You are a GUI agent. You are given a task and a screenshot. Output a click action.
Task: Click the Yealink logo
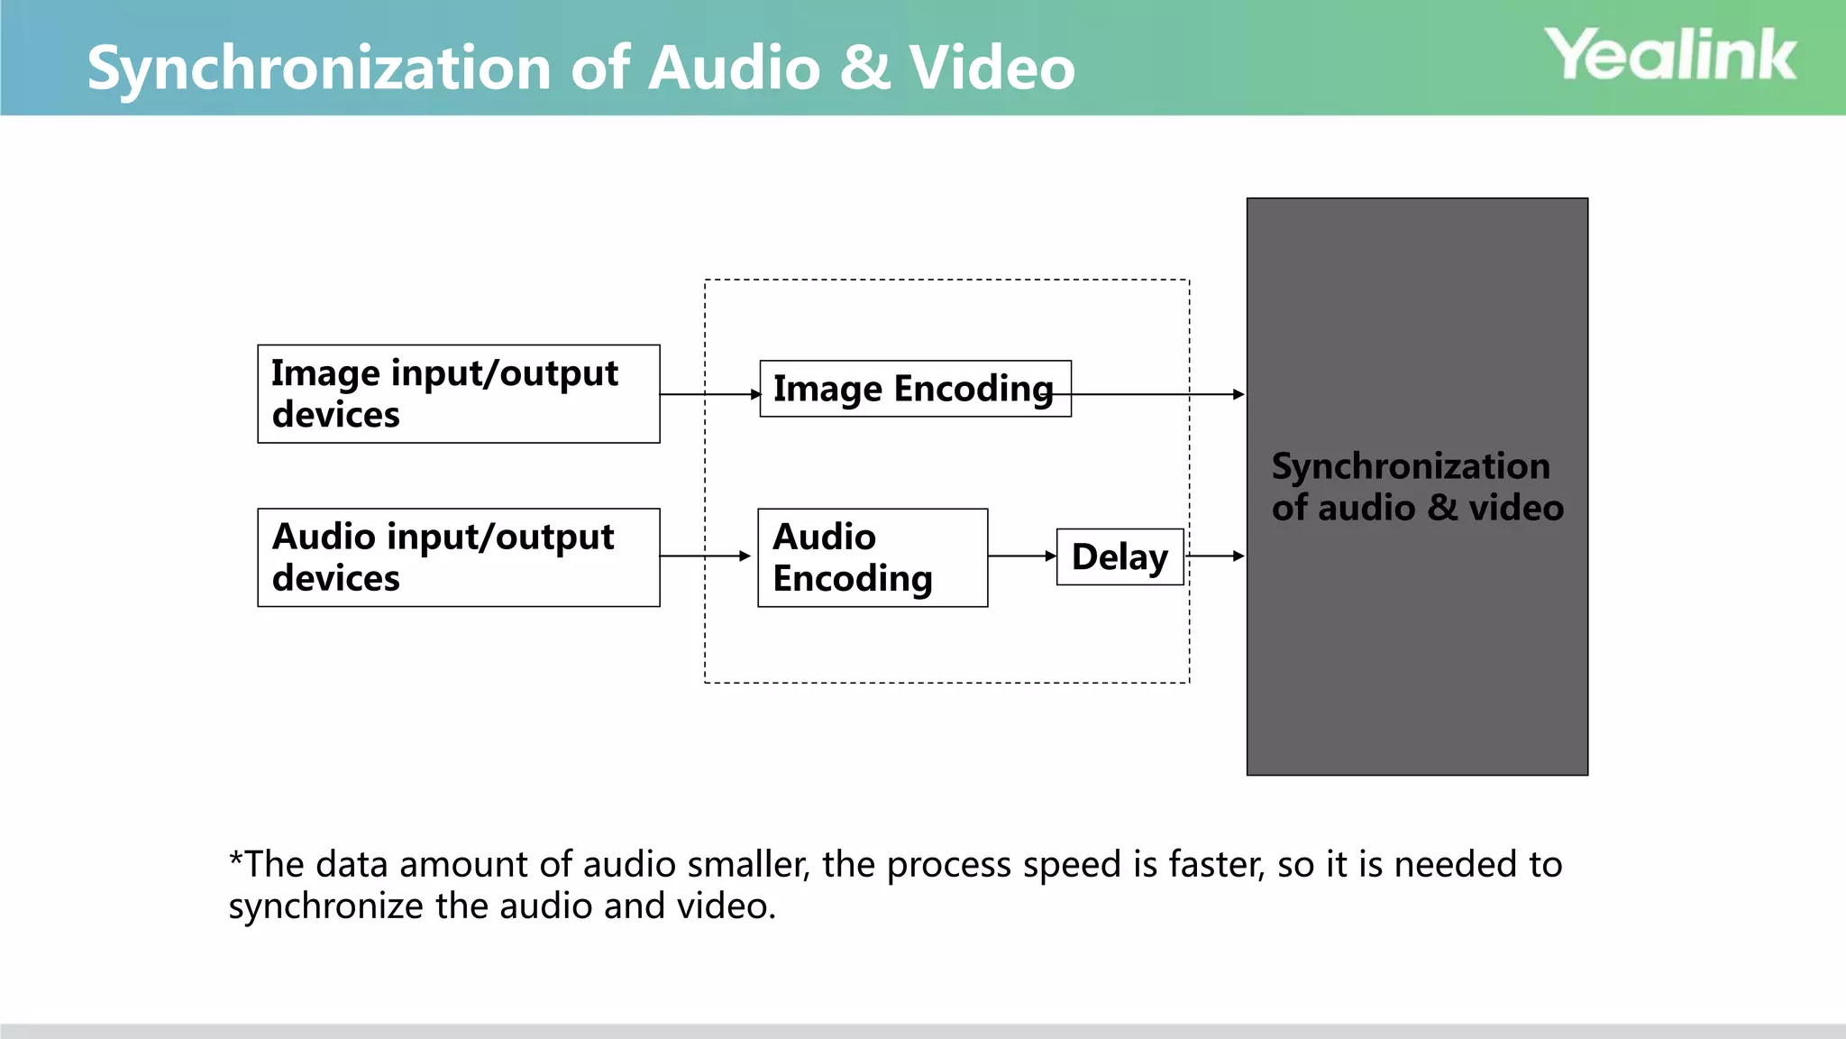coord(1670,55)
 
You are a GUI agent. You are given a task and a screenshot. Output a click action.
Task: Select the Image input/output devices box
coord(458,394)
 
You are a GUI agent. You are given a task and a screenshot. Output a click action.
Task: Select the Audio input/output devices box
coord(458,557)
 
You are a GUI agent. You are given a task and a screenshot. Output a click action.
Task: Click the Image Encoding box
coord(915,389)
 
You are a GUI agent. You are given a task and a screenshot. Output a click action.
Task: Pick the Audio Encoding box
coord(872,557)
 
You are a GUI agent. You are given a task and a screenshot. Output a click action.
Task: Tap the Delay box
coord(1119,557)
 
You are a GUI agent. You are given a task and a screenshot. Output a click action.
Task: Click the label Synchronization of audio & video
coord(1416,487)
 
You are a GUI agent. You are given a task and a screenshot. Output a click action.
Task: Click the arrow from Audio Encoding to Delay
coord(1022,556)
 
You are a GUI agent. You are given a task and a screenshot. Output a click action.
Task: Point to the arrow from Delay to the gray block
coord(1215,556)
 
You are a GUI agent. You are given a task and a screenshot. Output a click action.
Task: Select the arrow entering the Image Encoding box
coord(710,394)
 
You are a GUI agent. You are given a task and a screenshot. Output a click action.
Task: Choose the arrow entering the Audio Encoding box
coord(705,556)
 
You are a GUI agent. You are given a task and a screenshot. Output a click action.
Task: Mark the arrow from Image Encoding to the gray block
coord(1158,394)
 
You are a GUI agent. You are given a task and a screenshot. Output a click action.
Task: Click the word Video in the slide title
coord(992,69)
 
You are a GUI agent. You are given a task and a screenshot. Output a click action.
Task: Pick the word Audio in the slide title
coord(735,69)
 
